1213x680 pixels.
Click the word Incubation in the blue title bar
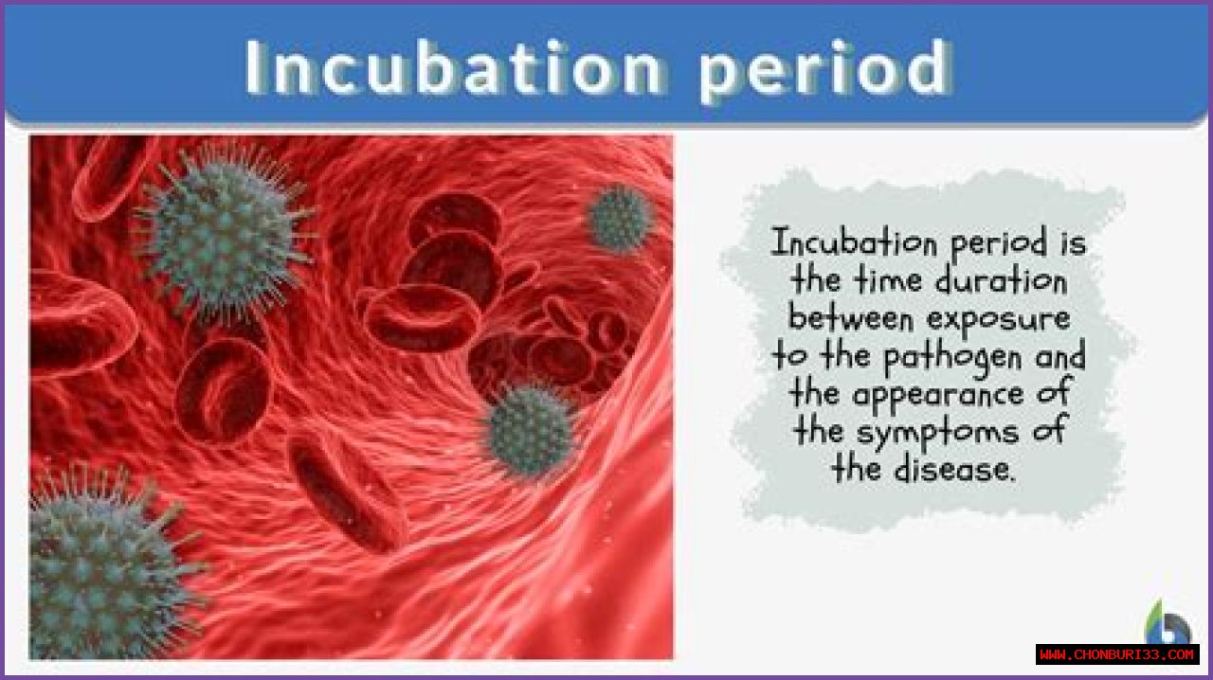tap(454, 68)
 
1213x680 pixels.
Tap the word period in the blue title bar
tap(824, 71)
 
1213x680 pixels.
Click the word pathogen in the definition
tap(953, 358)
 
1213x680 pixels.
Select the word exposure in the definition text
tap(999, 320)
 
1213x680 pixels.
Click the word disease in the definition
tap(954, 468)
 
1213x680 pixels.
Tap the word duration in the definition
tap(1002, 280)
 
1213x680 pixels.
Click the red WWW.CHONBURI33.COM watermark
tap(1117, 654)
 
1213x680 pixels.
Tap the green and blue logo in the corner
tap(1168, 622)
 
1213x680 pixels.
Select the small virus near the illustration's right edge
tap(619, 219)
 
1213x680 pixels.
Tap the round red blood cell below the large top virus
tap(223, 391)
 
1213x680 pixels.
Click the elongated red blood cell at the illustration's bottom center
tap(348, 493)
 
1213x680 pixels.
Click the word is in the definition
tap(1074, 242)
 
